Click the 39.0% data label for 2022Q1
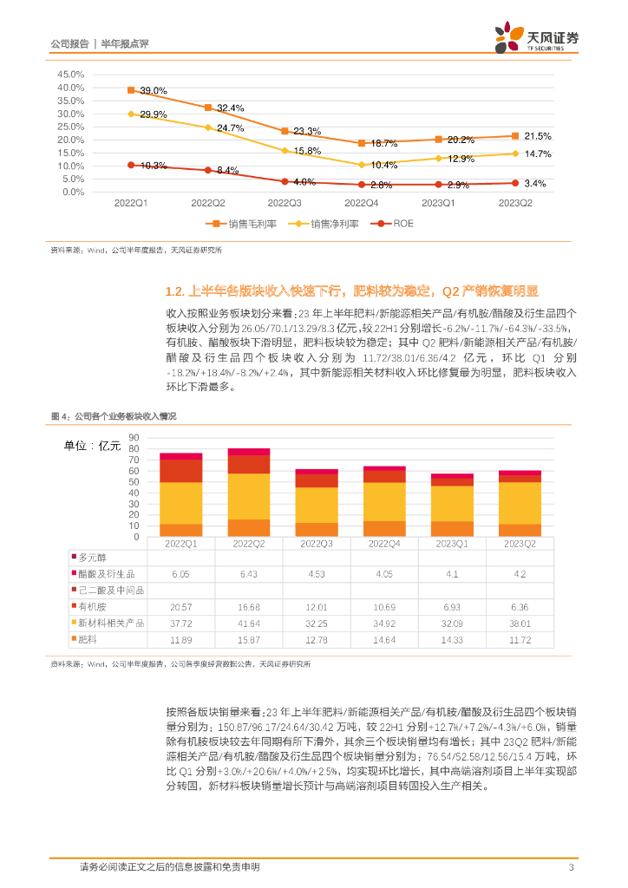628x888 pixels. [x=152, y=91]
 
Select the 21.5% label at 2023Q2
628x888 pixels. [x=537, y=137]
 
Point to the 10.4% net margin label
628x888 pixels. [x=383, y=165]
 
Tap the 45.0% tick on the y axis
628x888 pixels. [x=70, y=75]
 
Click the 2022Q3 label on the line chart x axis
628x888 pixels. [x=285, y=204]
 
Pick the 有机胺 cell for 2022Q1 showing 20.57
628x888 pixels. [x=180, y=606]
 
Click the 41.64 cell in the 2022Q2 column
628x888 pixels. [x=248, y=623]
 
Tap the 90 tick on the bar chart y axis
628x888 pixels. [x=133, y=438]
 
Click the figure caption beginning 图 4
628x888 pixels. [x=114, y=417]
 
